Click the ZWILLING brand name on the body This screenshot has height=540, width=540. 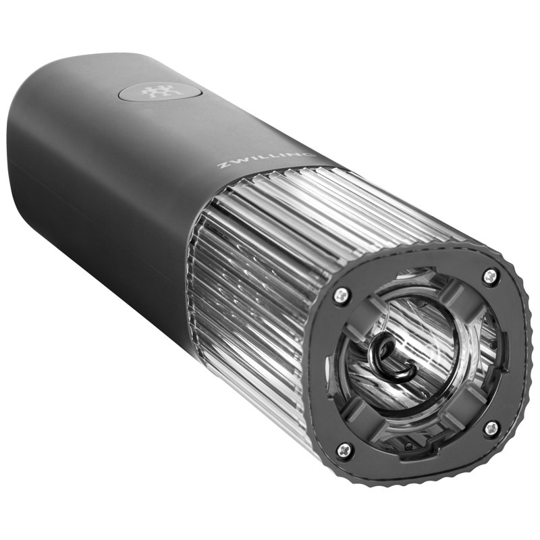pyautogui.click(x=266, y=160)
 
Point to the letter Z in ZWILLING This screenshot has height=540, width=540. pyautogui.click(x=223, y=165)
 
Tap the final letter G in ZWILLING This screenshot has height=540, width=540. pyautogui.click(x=308, y=155)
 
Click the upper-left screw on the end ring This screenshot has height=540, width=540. pyautogui.click(x=341, y=295)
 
